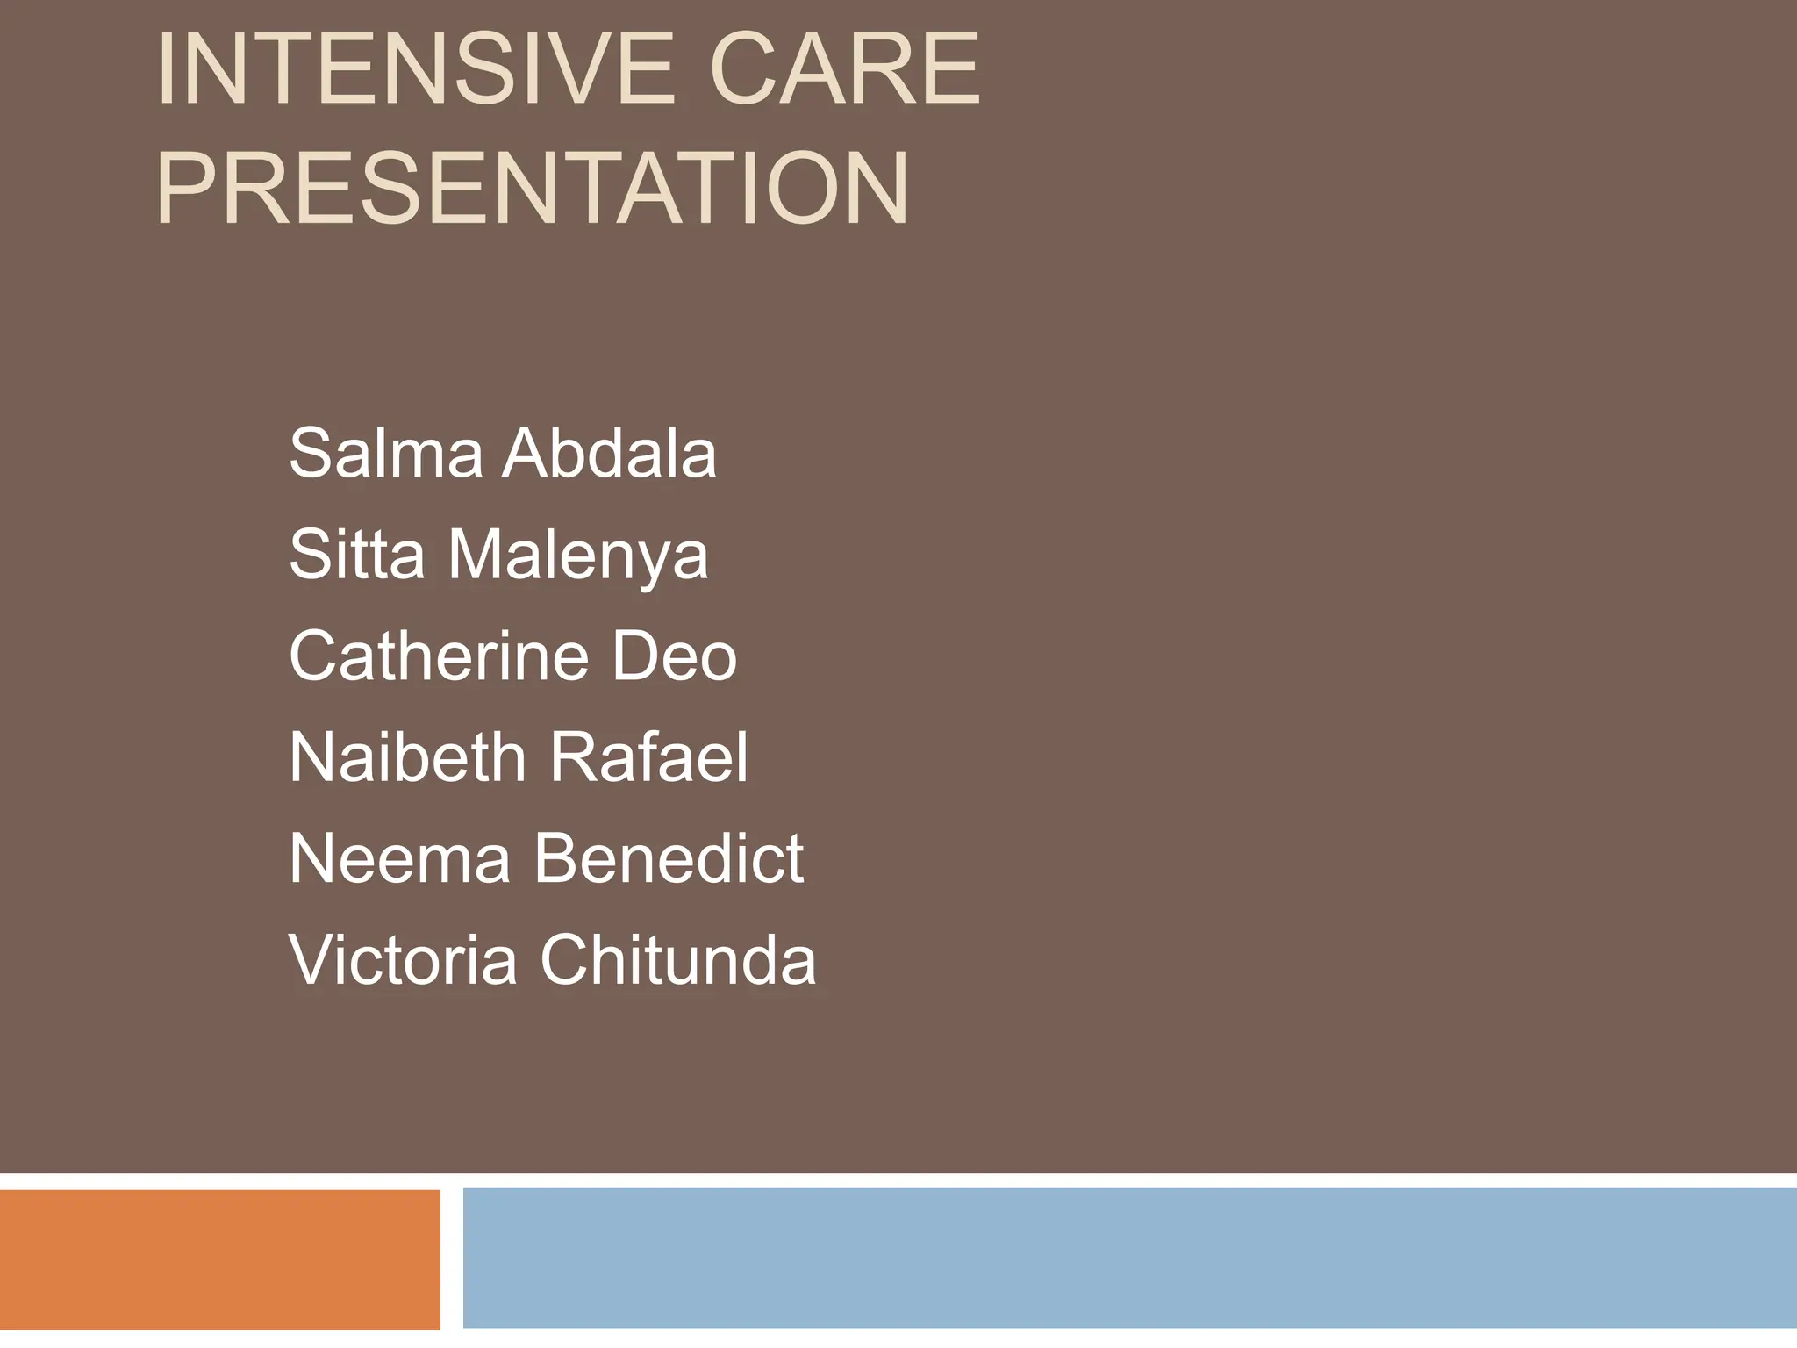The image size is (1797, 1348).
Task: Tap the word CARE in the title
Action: (x=844, y=69)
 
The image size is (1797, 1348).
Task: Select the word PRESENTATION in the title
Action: (x=533, y=190)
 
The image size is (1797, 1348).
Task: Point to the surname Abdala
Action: (x=610, y=453)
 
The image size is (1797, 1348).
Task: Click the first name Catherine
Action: (x=438, y=656)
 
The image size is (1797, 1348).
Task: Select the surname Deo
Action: (x=674, y=656)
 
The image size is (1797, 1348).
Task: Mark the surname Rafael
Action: (x=649, y=756)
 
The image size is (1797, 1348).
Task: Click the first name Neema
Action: (x=399, y=858)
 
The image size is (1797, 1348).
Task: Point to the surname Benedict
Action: (x=669, y=858)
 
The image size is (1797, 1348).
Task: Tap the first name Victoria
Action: (x=403, y=959)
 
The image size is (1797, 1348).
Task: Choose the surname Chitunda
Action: (x=677, y=959)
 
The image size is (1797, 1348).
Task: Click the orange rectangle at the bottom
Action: (x=219, y=1259)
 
